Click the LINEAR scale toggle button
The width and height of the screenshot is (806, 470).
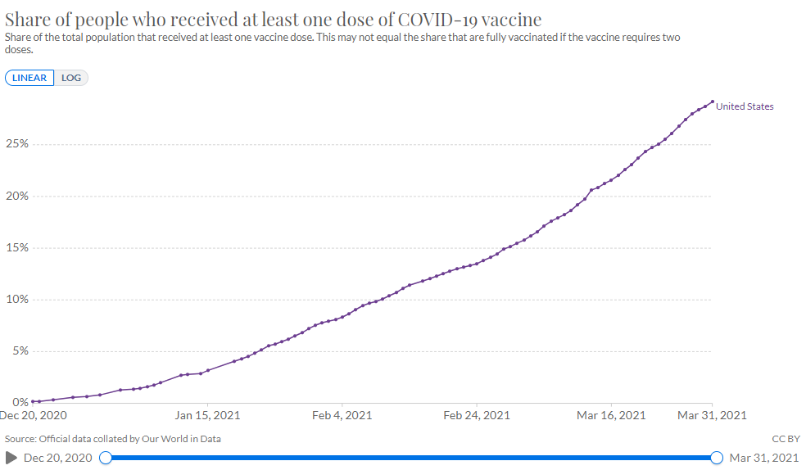pyautogui.click(x=29, y=78)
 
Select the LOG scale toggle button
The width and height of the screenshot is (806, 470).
pyautogui.click(x=71, y=78)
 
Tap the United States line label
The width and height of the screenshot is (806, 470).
pyautogui.click(x=745, y=106)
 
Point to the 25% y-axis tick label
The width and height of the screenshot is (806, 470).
pyautogui.click(x=17, y=144)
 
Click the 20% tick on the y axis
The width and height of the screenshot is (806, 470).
pyautogui.click(x=17, y=196)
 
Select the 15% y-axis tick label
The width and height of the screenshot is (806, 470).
pyautogui.click(x=17, y=247)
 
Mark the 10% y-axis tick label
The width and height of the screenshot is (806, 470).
pyautogui.click(x=17, y=299)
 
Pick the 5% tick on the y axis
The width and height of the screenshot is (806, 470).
pyautogui.click(x=20, y=350)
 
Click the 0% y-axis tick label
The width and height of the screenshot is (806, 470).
pyautogui.click(x=20, y=401)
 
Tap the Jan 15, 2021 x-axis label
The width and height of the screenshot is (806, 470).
pyautogui.click(x=207, y=415)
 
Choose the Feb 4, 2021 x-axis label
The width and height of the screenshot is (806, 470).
pyautogui.click(x=342, y=415)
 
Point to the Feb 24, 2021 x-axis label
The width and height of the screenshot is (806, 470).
pyautogui.click(x=477, y=415)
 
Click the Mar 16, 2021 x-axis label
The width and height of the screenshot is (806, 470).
pyautogui.click(x=611, y=415)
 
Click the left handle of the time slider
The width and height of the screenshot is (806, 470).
pyautogui.click(x=105, y=458)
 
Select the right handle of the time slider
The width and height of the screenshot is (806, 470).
pyautogui.click(x=717, y=458)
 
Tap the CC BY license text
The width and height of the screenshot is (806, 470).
pyautogui.click(x=786, y=439)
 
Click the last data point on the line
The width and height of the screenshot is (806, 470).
pyautogui.click(x=712, y=102)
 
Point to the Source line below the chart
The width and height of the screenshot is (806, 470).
pyautogui.click(x=113, y=439)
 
